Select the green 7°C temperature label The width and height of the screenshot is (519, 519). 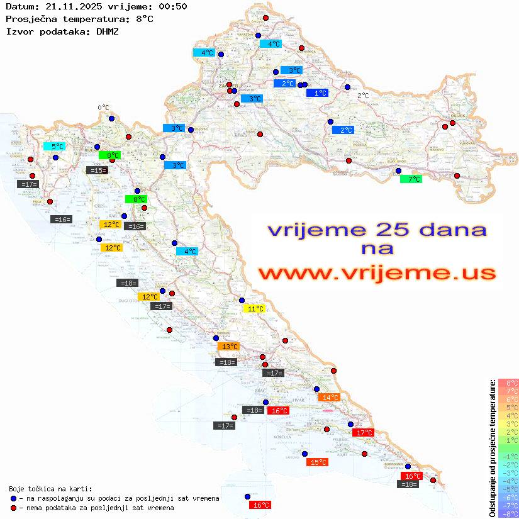(x=411, y=179)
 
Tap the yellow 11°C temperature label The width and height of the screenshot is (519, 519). (x=254, y=309)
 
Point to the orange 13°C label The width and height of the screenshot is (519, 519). (x=228, y=347)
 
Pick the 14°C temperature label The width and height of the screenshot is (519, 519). (x=329, y=397)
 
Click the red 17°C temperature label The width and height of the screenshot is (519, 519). (x=364, y=433)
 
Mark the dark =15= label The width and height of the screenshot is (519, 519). (x=97, y=170)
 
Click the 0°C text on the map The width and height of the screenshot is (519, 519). (x=104, y=108)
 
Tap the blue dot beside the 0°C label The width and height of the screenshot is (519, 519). (x=111, y=118)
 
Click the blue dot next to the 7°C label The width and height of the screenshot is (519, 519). (x=398, y=170)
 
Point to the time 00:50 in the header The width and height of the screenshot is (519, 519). (x=173, y=6)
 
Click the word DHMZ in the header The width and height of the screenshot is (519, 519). (x=107, y=31)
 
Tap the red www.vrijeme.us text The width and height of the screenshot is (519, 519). (x=377, y=274)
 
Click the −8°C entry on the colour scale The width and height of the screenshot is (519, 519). (x=508, y=514)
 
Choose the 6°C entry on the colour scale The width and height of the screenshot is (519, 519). (x=508, y=399)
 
